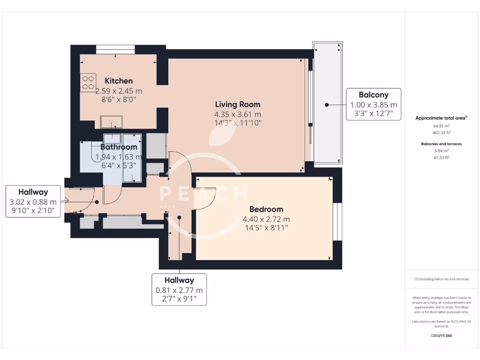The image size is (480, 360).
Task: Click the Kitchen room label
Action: click(x=118, y=81)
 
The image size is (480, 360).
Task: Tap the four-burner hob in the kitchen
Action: click(x=88, y=82)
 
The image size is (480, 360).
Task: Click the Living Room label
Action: click(x=237, y=104)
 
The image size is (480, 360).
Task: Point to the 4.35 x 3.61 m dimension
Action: click(x=237, y=114)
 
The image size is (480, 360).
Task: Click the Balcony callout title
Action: click(x=373, y=95)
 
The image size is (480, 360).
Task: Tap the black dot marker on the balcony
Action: click(x=326, y=105)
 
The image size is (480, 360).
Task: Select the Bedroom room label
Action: click(x=266, y=209)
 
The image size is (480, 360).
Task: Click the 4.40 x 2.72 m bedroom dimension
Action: click(x=266, y=219)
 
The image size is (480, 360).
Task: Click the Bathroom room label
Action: click(x=118, y=147)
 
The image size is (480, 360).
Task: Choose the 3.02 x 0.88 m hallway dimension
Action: click(x=33, y=202)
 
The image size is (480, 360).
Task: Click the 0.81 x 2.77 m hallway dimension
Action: click(x=179, y=290)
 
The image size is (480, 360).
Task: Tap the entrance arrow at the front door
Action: click(x=66, y=201)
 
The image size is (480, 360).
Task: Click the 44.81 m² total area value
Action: click(x=441, y=126)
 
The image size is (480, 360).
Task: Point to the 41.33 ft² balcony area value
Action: click(x=441, y=157)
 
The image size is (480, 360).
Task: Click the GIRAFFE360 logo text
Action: click(x=441, y=336)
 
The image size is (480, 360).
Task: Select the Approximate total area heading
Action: click(x=441, y=118)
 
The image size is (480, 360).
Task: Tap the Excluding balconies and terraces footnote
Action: click(x=441, y=279)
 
